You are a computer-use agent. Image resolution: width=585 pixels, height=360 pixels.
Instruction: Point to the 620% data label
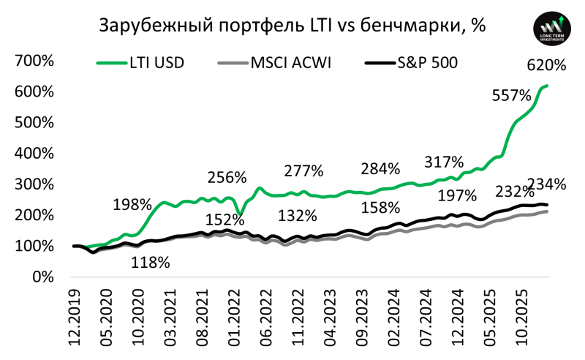point(547,65)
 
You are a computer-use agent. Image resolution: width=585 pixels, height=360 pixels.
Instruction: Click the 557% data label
point(512,95)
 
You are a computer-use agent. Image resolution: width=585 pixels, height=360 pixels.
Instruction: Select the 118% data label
point(151,262)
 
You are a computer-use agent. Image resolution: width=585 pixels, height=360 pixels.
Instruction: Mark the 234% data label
point(547,184)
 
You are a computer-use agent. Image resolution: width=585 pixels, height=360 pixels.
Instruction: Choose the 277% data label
point(303,171)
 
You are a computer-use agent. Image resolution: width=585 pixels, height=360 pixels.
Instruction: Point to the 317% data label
point(444,162)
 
